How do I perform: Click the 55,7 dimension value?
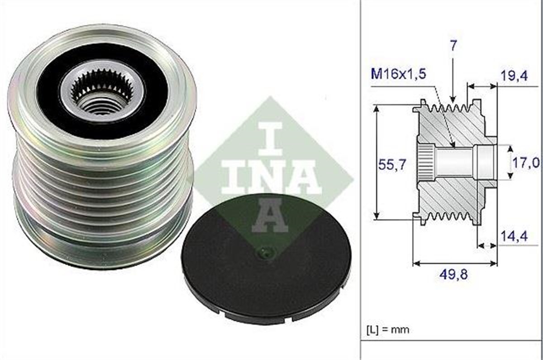coord(392,165)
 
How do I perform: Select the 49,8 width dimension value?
coord(453,274)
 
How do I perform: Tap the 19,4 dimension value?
coord(514,76)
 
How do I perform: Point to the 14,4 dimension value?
coord(514,236)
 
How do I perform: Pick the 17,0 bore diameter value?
coord(525,163)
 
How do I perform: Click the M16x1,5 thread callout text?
coord(398,74)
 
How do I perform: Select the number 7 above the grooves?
coord(453,45)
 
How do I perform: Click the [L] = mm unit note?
coord(388,330)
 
